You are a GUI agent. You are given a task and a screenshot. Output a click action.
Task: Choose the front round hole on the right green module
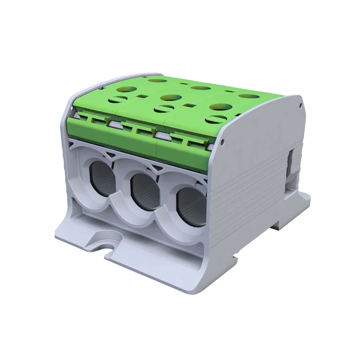coord(220,107)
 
